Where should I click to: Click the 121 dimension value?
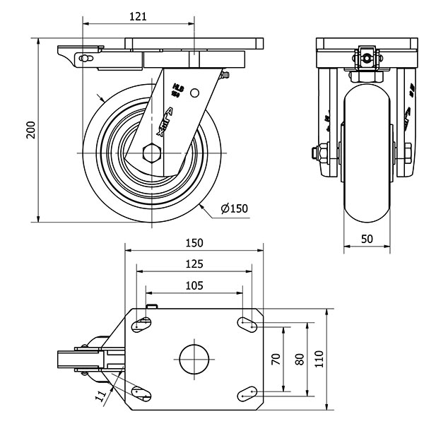[138, 16]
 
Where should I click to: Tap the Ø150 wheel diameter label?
[234, 208]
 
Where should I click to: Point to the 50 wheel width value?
[367, 239]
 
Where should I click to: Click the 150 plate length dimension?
[194, 242]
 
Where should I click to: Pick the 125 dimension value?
[194, 264]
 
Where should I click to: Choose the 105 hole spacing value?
[194, 285]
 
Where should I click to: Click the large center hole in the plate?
[194, 359]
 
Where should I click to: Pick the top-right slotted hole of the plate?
[247, 325]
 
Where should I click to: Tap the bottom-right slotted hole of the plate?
[247, 393]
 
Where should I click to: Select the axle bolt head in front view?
[314, 152]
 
